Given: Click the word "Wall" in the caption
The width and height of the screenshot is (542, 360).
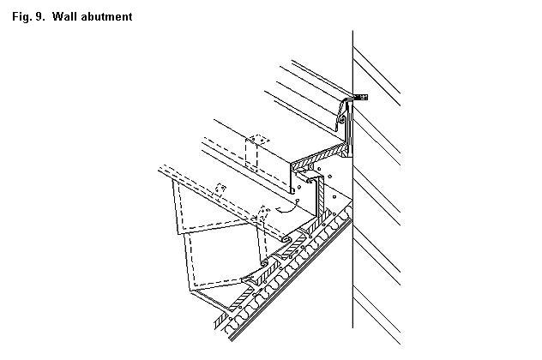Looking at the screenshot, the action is tap(65, 16).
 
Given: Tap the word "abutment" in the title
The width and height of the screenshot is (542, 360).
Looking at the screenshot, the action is tap(106, 16).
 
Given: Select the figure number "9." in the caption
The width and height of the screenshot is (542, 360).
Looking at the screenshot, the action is tap(39, 16).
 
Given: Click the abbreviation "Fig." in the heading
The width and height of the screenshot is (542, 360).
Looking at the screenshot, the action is tap(21, 17).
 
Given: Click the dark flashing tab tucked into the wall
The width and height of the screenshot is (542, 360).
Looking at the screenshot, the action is tap(359, 97).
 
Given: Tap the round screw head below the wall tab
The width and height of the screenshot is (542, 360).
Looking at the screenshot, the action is tap(342, 119).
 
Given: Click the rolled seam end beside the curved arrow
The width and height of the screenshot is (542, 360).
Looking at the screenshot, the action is tap(286, 239).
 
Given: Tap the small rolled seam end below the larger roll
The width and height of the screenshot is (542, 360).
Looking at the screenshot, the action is tap(264, 263).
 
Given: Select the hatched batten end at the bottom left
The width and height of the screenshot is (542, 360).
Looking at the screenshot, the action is tap(220, 322).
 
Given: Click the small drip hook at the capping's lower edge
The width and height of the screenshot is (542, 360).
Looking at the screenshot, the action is tap(292, 189).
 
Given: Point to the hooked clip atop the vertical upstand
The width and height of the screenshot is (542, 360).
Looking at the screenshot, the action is tap(310, 180).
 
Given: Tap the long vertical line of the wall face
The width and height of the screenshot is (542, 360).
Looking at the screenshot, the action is tap(352, 179).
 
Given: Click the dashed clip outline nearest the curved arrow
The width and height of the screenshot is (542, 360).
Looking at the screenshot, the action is tap(264, 213).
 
